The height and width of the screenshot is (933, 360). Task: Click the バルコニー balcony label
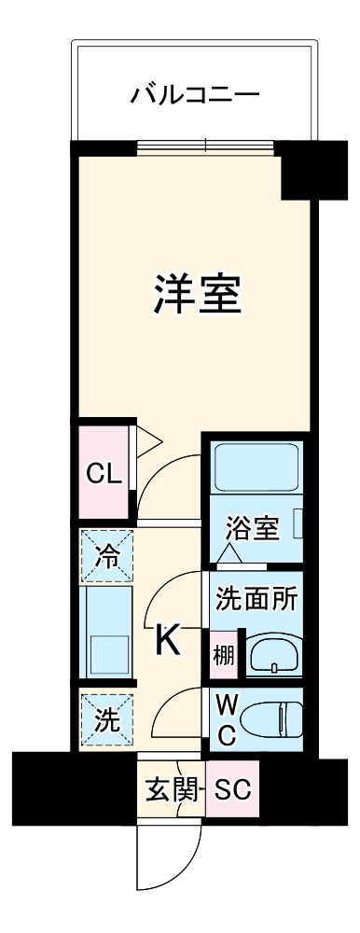[194, 93]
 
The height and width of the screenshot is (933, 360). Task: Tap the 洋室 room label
[198, 295]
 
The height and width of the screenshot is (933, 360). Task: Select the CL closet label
[104, 473]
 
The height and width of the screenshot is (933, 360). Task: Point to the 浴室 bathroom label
[253, 529]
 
